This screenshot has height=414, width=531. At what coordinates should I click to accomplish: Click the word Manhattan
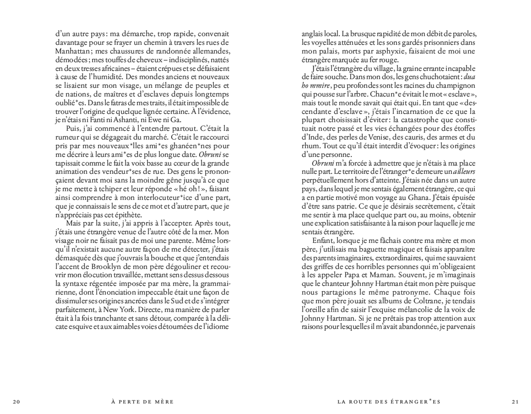click(x=74, y=50)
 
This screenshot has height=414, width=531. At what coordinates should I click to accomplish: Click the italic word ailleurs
click(x=465, y=171)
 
